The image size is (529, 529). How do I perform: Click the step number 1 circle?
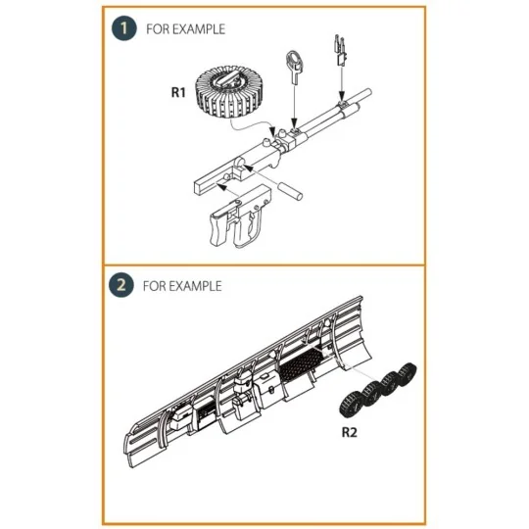[x=124, y=28]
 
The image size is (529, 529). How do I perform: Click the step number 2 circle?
[x=121, y=285]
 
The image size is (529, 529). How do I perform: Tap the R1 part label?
[x=178, y=92]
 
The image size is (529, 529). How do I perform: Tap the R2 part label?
[x=349, y=432]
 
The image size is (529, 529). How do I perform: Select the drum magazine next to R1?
[x=229, y=92]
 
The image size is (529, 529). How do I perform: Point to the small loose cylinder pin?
[x=290, y=191]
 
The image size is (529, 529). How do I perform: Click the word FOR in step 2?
[x=155, y=286]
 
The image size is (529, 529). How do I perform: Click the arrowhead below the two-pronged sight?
[x=342, y=96]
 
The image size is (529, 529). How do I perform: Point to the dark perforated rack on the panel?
[x=302, y=364]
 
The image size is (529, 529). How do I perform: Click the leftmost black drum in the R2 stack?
[x=352, y=405]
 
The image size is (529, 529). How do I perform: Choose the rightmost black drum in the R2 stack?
[x=407, y=373]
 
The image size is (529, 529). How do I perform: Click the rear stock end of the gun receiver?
[x=198, y=187]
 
